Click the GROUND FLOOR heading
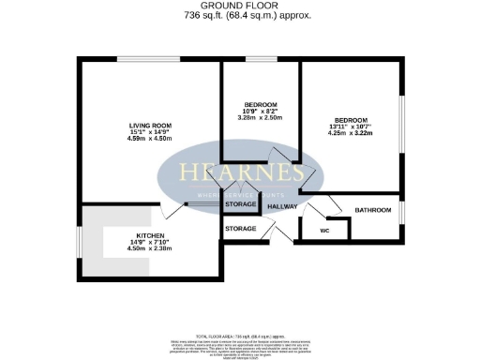click(x=239, y=6)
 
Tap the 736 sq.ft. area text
click(x=239, y=16)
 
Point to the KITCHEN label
click(x=151, y=236)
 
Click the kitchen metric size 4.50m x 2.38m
click(x=151, y=250)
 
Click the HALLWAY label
click(x=283, y=206)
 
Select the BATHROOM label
click(x=371, y=211)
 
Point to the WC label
click(x=325, y=230)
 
